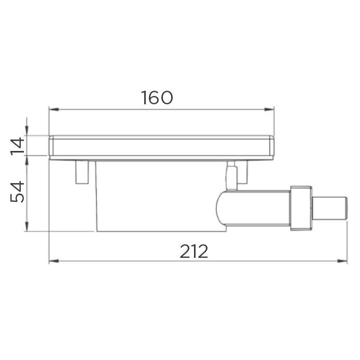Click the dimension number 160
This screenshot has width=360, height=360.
157,97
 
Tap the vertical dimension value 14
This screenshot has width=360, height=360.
17,146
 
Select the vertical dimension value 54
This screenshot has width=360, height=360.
17,192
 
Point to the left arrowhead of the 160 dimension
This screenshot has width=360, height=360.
52,109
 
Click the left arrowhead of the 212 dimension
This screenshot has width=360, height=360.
52,260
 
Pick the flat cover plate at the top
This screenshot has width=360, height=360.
161,146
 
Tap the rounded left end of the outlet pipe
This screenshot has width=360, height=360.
220,207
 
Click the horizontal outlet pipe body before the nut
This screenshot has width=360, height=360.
259,207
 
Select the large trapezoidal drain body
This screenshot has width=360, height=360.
156,195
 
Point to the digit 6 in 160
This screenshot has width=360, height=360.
157,97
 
